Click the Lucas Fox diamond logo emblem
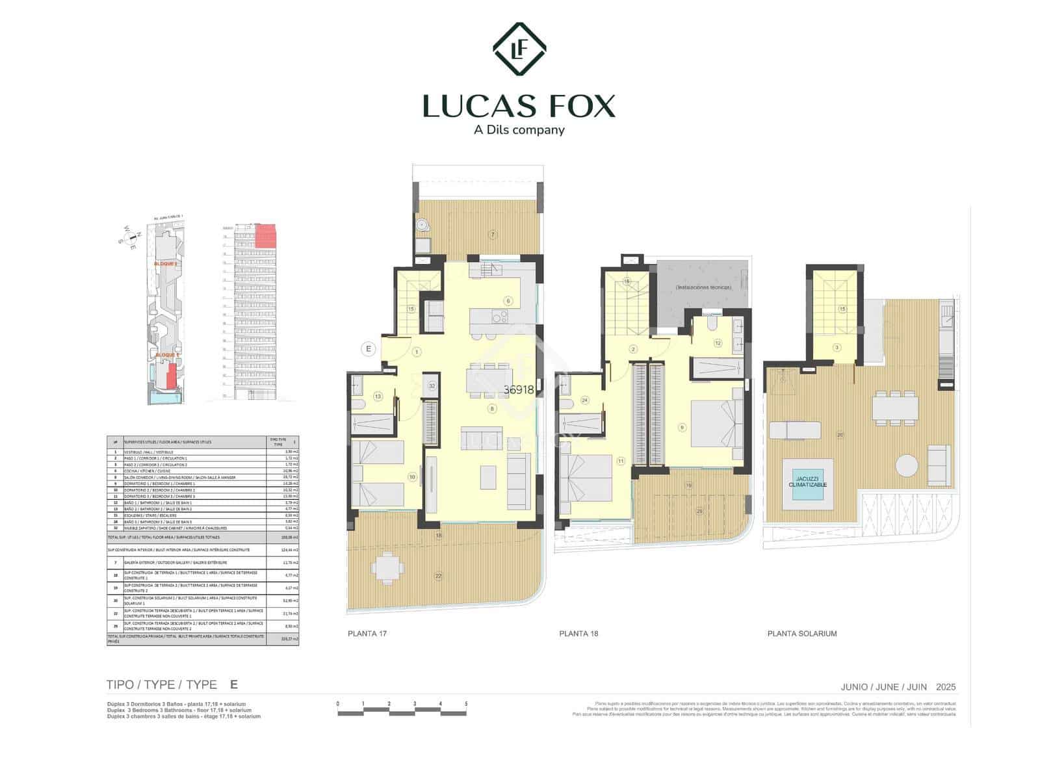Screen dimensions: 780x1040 pos(519,49)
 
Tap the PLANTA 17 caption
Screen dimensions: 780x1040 pos(367,633)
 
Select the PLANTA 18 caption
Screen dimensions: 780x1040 pos(578,633)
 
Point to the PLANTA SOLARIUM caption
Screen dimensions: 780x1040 pos(802,633)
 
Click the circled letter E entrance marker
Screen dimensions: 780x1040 pos(369,349)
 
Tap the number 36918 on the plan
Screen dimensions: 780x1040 pos(519,390)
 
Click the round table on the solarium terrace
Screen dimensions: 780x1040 pos(905,465)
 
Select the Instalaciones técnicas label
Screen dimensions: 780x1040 pos(703,287)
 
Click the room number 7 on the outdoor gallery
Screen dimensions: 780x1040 pos(493,235)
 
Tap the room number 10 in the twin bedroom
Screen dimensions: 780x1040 pos(412,477)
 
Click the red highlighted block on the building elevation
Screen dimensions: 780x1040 pos(265,235)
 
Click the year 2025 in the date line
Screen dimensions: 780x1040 pos(946,687)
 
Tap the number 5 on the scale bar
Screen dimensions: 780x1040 pos(466,704)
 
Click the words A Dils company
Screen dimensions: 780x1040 pos(519,130)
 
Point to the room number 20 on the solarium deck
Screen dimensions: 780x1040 pos(840,435)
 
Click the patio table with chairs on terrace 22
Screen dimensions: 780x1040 pos(387,566)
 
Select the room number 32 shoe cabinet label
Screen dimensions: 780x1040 pos(432,385)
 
